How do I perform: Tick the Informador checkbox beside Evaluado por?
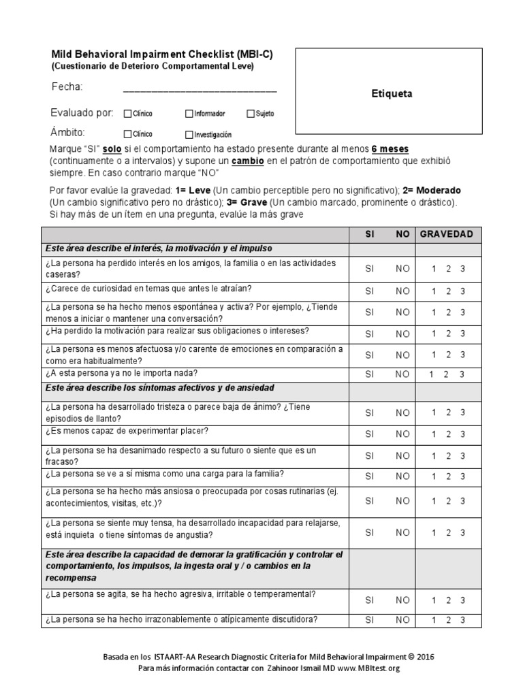tap(189, 114)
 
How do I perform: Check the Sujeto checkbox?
tap(251, 114)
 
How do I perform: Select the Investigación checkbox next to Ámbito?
tap(189, 135)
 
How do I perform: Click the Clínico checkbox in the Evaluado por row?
tap(127, 114)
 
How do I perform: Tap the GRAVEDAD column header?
tap(446, 234)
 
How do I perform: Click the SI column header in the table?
tap(370, 234)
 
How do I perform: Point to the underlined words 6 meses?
tap(390, 149)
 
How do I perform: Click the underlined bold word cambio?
tap(245, 161)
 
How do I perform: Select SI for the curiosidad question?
tap(370, 291)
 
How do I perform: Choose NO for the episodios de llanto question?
tap(403, 412)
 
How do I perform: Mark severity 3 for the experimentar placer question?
tap(463, 434)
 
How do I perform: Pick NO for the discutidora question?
tap(403, 620)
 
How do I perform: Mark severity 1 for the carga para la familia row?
tap(434, 476)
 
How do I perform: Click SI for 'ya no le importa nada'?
tap(370, 374)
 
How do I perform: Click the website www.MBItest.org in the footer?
tap(368, 668)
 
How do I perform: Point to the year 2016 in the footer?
tap(424, 657)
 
